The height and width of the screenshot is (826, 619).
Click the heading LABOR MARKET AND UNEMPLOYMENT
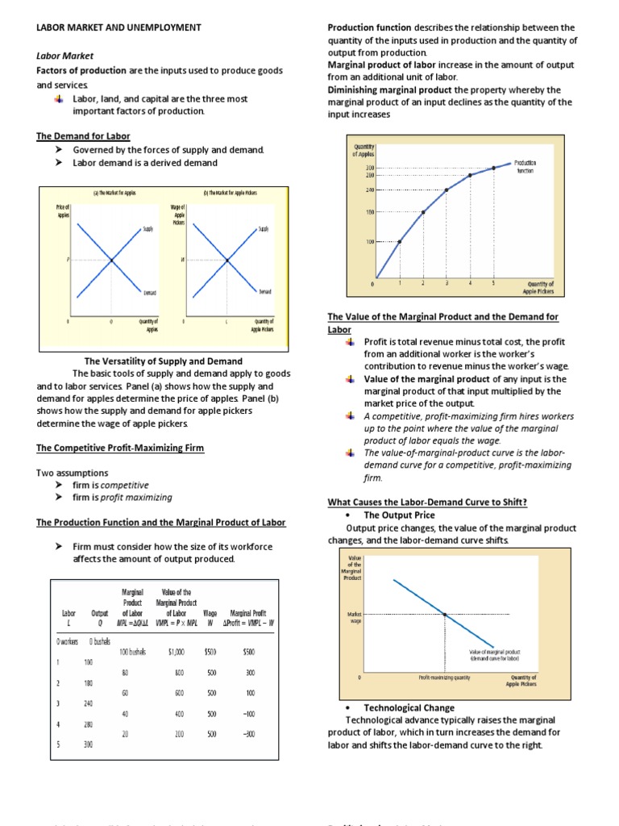click(x=118, y=27)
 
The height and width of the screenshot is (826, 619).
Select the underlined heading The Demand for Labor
click(x=83, y=136)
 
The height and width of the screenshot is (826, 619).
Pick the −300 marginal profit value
click(x=249, y=734)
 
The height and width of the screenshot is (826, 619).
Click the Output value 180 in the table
click(x=89, y=682)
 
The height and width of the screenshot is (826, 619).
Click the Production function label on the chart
click(x=525, y=167)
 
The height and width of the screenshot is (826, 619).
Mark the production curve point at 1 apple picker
click(x=400, y=241)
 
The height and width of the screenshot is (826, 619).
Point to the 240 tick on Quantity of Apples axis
click(x=370, y=190)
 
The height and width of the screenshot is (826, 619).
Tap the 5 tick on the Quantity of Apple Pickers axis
click(x=493, y=283)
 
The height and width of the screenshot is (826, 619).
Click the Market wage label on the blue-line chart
click(x=355, y=618)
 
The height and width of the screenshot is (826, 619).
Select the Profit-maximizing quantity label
click(x=444, y=678)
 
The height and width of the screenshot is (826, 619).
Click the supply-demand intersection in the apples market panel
click(x=111, y=259)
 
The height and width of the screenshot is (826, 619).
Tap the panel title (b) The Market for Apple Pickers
click(x=229, y=193)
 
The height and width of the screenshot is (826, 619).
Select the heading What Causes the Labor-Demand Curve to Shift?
click(x=427, y=502)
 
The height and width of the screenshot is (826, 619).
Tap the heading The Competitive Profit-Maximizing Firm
click(x=120, y=448)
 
